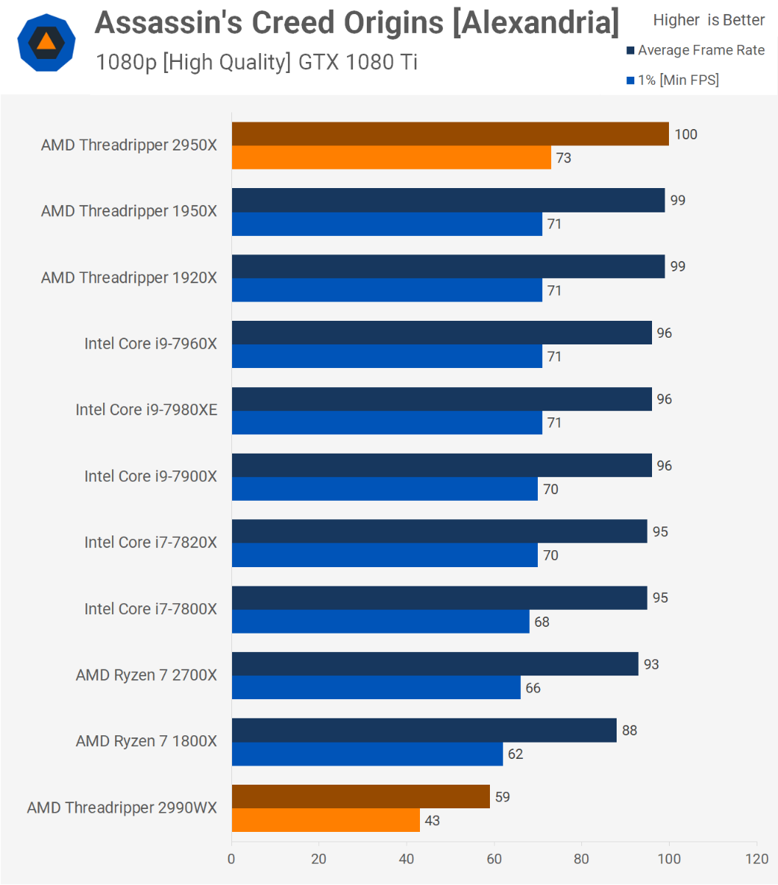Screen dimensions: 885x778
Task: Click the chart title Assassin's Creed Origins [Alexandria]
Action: (x=357, y=24)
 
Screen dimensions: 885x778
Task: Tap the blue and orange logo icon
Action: (x=46, y=42)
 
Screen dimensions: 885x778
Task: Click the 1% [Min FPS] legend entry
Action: (x=672, y=80)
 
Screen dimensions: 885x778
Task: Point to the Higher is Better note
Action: (x=709, y=20)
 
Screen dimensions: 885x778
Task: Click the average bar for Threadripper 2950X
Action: (x=450, y=134)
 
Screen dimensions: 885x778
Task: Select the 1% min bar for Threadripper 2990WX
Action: (x=326, y=820)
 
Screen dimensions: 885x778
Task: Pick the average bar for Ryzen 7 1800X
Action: (x=424, y=730)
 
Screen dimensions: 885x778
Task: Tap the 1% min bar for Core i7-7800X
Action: (x=380, y=621)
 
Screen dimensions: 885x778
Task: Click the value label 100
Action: (x=685, y=134)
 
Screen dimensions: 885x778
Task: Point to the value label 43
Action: (x=432, y=820)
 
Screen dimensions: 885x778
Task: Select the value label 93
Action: (x=651, y=664)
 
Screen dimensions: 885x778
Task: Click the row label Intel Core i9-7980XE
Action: (x=146, y=409)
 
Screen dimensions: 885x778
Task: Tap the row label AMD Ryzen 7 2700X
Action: (x=146, y=675)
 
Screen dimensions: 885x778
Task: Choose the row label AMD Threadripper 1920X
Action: (x=129, y=277)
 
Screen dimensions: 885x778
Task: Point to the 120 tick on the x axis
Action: (x=757, y=858)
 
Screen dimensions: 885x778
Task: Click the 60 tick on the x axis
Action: (x=494, y=858)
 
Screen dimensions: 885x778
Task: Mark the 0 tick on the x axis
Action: (x=231, y=858)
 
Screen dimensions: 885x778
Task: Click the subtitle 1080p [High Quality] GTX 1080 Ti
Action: (x=256, y=62)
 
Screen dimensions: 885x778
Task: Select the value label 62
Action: (x=515, y=754)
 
